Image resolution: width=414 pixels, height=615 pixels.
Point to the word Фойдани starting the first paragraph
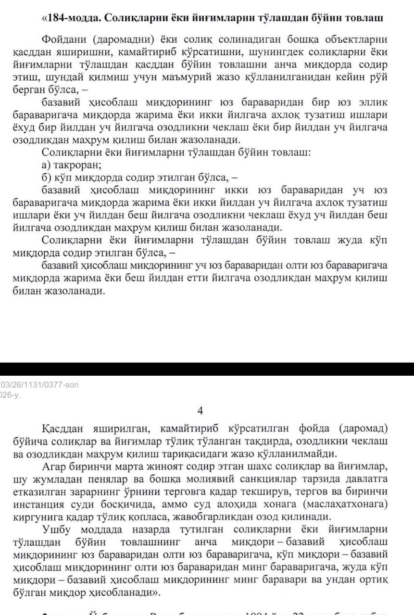(63, 39)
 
